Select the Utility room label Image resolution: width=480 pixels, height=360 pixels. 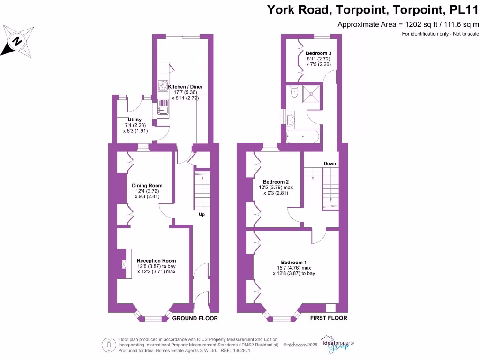coord(135,120)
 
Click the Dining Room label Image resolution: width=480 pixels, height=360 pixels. coord(147,186)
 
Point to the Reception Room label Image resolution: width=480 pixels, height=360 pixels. coord(156,261)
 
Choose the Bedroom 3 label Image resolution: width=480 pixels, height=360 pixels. coord(319,53)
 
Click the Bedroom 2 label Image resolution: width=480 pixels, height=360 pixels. coord(276,182)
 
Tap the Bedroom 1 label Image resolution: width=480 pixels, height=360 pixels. coord(294,262)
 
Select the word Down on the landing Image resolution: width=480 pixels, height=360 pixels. coord(330,163)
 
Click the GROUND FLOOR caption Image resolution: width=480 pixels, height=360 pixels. coord(195,318)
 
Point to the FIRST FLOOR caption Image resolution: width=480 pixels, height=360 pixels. coord(329,318)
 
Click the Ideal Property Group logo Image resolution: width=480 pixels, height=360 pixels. coord(337,343)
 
